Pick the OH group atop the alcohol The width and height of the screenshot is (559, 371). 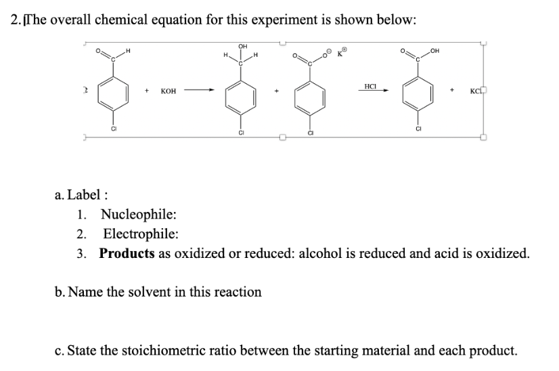[x=241, y=45]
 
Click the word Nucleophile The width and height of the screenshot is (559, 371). [x=138, y=215]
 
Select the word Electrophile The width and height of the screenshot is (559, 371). [x=140, y=234]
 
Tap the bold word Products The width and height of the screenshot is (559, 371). [x=127, y=253]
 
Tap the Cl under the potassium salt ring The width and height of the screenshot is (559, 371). [x=310, y=133]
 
